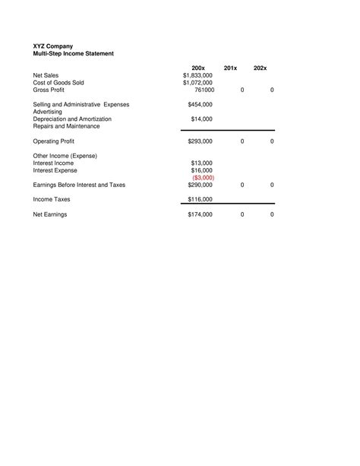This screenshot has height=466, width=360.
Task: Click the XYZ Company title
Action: (52, 46)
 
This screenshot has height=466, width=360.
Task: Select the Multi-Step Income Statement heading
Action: (73, 54)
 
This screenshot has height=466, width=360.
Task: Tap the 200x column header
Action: (199, 68)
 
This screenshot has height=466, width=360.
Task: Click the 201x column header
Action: (231, 68)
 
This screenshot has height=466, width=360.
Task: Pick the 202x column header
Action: (261, 68)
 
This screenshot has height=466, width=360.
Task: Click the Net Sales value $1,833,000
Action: (197, 76)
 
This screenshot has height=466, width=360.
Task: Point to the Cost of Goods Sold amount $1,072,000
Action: (197, 83)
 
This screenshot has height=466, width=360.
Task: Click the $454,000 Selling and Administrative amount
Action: (200, 104)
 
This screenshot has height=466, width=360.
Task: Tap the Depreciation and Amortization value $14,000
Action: (201, 119)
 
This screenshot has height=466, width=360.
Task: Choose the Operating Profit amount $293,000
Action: (200, 141)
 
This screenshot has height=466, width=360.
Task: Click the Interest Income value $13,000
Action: (201, 163)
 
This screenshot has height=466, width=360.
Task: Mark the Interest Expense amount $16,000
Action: (201, 170)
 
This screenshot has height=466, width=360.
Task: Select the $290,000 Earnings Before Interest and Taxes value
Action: (200, 185)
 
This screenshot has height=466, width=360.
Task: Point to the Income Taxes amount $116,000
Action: (200, 199)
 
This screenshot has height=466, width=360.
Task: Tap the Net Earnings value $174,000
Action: (200, 215)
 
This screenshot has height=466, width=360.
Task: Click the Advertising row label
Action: (49, 112)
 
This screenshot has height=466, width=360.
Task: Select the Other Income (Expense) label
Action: (65, 156)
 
